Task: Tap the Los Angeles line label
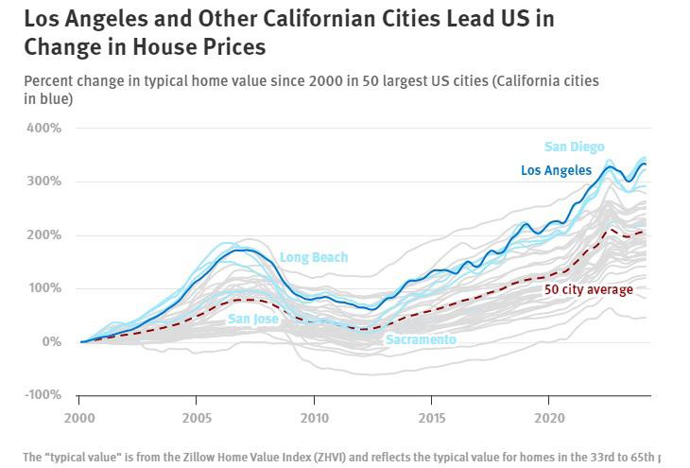point(556,171)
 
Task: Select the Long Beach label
point(314,257)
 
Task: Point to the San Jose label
point(253,320)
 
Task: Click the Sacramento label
point(421,339)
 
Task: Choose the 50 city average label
point(588,289)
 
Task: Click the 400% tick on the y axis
point(43,128)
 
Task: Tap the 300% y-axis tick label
point(43,182)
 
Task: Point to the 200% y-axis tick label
point(43,234)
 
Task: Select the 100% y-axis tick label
point(43,288)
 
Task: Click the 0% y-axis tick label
point(49,341)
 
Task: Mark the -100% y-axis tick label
point(41,395)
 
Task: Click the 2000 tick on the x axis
point(79,417)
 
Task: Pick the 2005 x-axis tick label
point(197,417)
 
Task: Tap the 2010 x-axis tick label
point(314,417)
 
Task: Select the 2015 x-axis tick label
point(432,417)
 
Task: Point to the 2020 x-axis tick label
point(549,417)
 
